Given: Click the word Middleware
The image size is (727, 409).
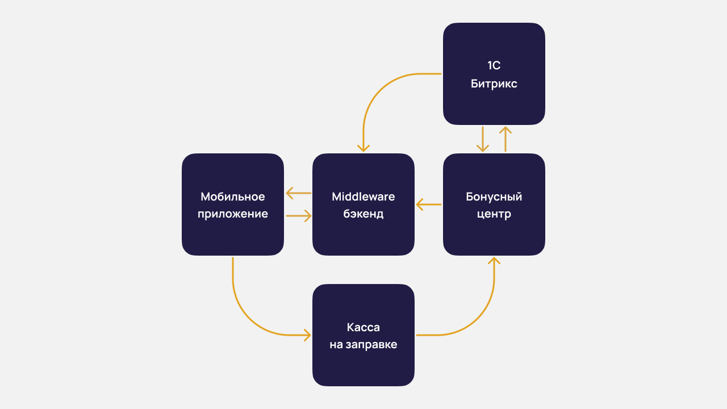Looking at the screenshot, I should tap(363, 197).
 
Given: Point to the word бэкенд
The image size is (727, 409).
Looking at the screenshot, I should tap(363, 214).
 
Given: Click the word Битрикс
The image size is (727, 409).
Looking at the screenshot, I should tap(494, 84).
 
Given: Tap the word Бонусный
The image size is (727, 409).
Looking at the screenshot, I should tap(494, 197).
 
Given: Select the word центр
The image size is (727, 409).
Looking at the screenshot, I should tap(494, 214).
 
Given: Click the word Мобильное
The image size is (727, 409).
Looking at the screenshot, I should tap(232, 197).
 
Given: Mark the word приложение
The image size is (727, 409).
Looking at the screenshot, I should tap(232, 214).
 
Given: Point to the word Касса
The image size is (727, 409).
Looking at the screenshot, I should tap(363, 327).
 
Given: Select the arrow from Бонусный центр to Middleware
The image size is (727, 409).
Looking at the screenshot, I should tap(429, 204).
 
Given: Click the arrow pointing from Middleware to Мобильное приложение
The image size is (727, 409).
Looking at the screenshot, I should tap(298, 193).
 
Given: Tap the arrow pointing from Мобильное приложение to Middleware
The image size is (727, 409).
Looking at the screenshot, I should tap(298, 216).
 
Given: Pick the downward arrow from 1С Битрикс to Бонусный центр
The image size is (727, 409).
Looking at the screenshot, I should tap(483, 139).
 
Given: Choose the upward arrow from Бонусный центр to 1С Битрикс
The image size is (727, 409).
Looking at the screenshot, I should tap(505, 139).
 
